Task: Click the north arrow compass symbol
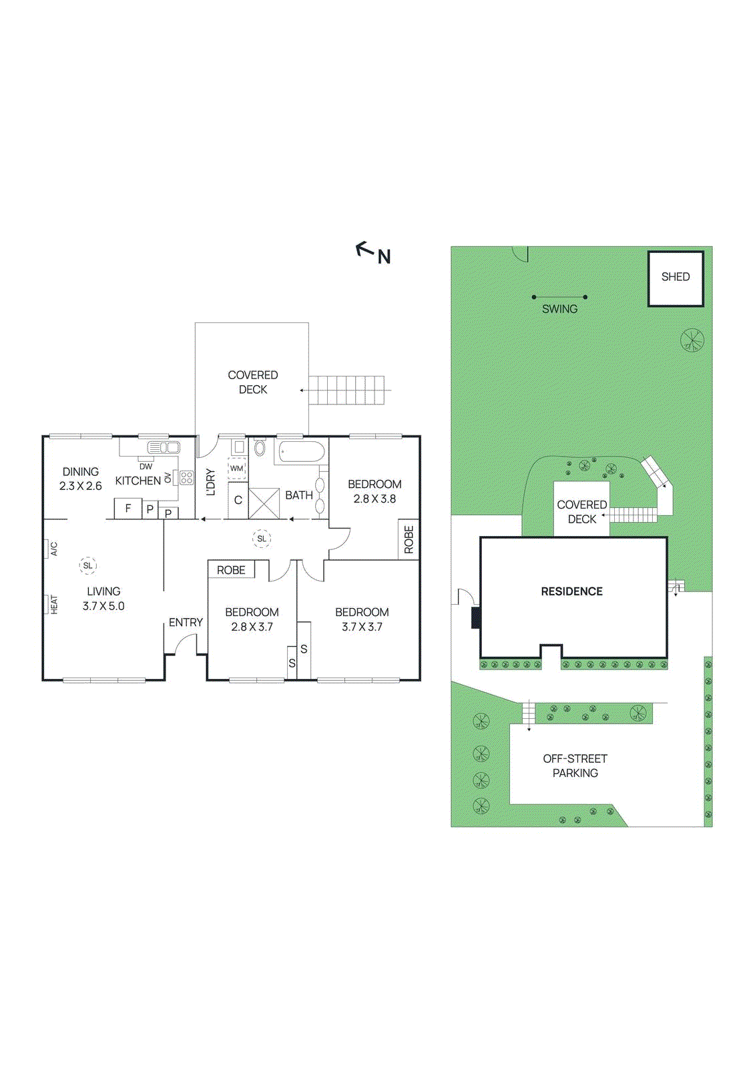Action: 372,252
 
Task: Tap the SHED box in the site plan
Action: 675,278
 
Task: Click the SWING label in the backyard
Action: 559,309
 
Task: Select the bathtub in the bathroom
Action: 302,452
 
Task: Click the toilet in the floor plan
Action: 260,447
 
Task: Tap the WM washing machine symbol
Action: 237,469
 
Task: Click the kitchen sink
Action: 163,447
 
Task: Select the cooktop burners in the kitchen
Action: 186,477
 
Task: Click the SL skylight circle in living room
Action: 88,565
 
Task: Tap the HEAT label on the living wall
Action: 54,605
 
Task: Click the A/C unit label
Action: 53,549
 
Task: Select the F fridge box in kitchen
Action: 128,509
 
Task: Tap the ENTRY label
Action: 186,622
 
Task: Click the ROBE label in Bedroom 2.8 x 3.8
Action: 409,539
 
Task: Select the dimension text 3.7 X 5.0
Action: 103,606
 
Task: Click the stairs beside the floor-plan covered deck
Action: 347,390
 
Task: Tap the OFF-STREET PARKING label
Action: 575,766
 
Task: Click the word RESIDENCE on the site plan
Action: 571,591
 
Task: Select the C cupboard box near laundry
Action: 238,500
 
